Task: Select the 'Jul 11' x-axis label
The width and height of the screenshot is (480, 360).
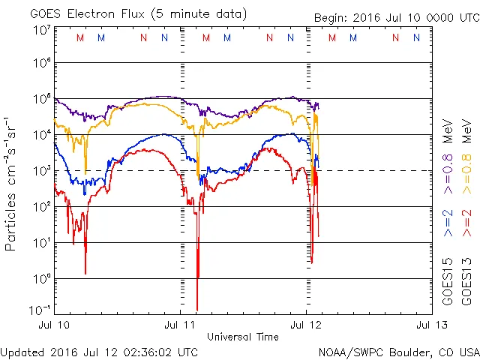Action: point(180,325)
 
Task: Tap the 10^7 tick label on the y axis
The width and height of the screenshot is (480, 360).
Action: point(41,29)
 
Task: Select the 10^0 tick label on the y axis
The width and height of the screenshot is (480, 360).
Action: point(41,279)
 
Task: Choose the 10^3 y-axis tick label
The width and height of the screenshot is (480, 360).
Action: point(41,171)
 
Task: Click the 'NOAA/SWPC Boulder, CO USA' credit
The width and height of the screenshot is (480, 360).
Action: point(398,351)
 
